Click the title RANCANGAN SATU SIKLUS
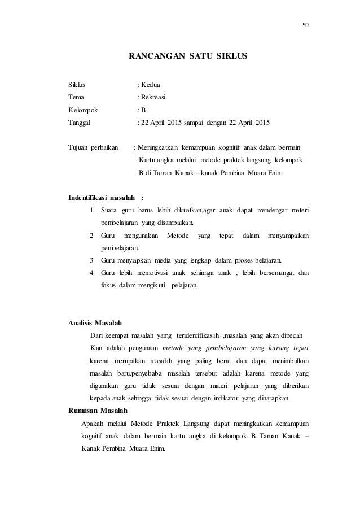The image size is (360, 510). pos(188,57)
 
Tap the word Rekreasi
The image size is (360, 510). pos(153,97)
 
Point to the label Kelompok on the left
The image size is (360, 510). pos(82,110)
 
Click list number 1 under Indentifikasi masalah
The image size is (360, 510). pos(92,211)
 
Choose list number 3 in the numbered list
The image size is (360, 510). pos(92,260)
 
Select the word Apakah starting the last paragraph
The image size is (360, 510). pos(93,424)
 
